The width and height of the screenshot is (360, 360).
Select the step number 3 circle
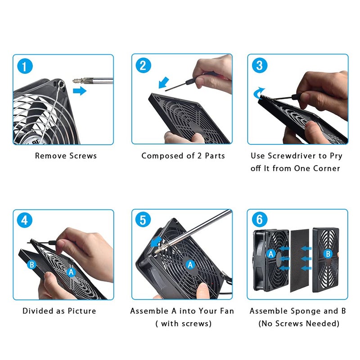click(259, 66)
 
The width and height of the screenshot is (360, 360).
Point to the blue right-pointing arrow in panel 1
click(79, 91)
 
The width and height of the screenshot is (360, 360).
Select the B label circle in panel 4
click(32, 265)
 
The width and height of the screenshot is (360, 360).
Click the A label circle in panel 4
click(71, 272)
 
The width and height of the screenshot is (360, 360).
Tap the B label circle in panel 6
click(328, 254)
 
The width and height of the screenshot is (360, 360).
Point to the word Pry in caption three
click(335, 156)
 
